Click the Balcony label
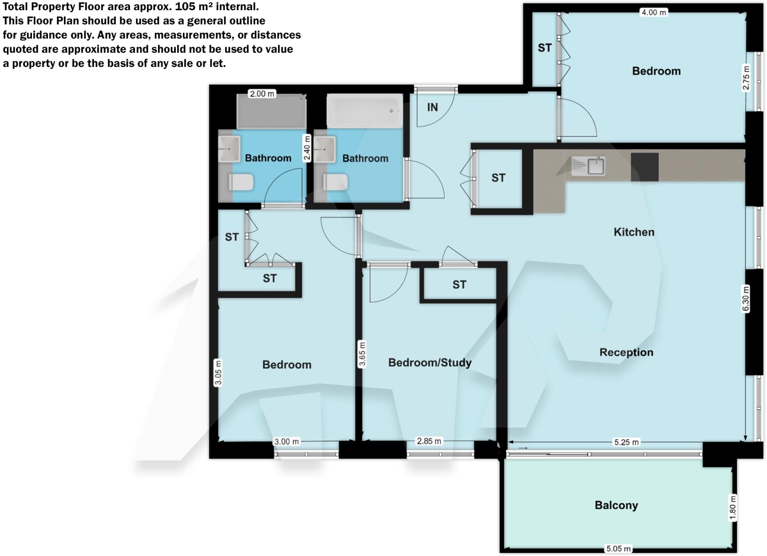pos(616,505)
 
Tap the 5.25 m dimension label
pos(626,442)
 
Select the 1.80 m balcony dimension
pos(733,508)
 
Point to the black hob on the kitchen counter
pos(644,167)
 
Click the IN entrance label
pos(432,107)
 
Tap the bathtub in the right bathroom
pos(364,111)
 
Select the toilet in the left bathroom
pos(241,182)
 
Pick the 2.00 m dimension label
pos(262,94)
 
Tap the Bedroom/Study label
pos(430,363)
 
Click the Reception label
pos(626,352)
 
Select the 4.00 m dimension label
pos(653,12)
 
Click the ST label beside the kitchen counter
pos(498,178)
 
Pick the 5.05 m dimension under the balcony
pos(618,549)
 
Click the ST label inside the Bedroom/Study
pos(459,285)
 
